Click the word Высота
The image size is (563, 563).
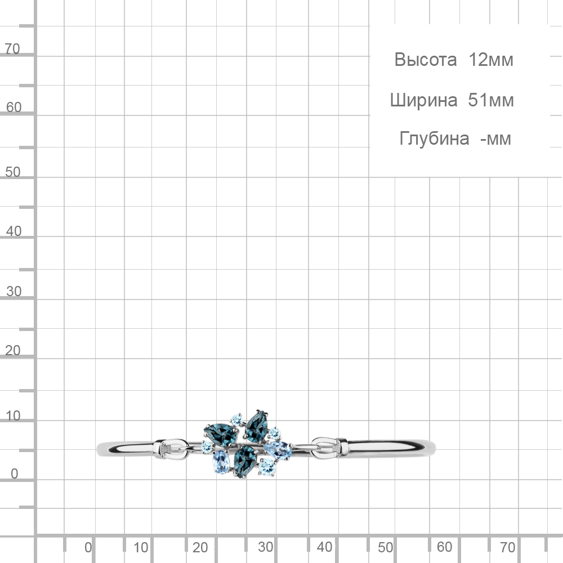coord(426,60)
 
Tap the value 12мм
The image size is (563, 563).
coord(491,60)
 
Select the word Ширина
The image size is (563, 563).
coord(424,101)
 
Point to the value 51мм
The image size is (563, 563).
coord(491,100)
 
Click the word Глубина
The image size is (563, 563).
coord(434,138)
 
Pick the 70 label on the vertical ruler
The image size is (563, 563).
coord(12,48)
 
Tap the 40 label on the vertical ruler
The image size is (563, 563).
coord(14,231)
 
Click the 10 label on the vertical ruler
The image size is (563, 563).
coord(13,416)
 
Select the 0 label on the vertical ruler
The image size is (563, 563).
coord(15,474)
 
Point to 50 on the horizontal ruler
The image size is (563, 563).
coord(385,548)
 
